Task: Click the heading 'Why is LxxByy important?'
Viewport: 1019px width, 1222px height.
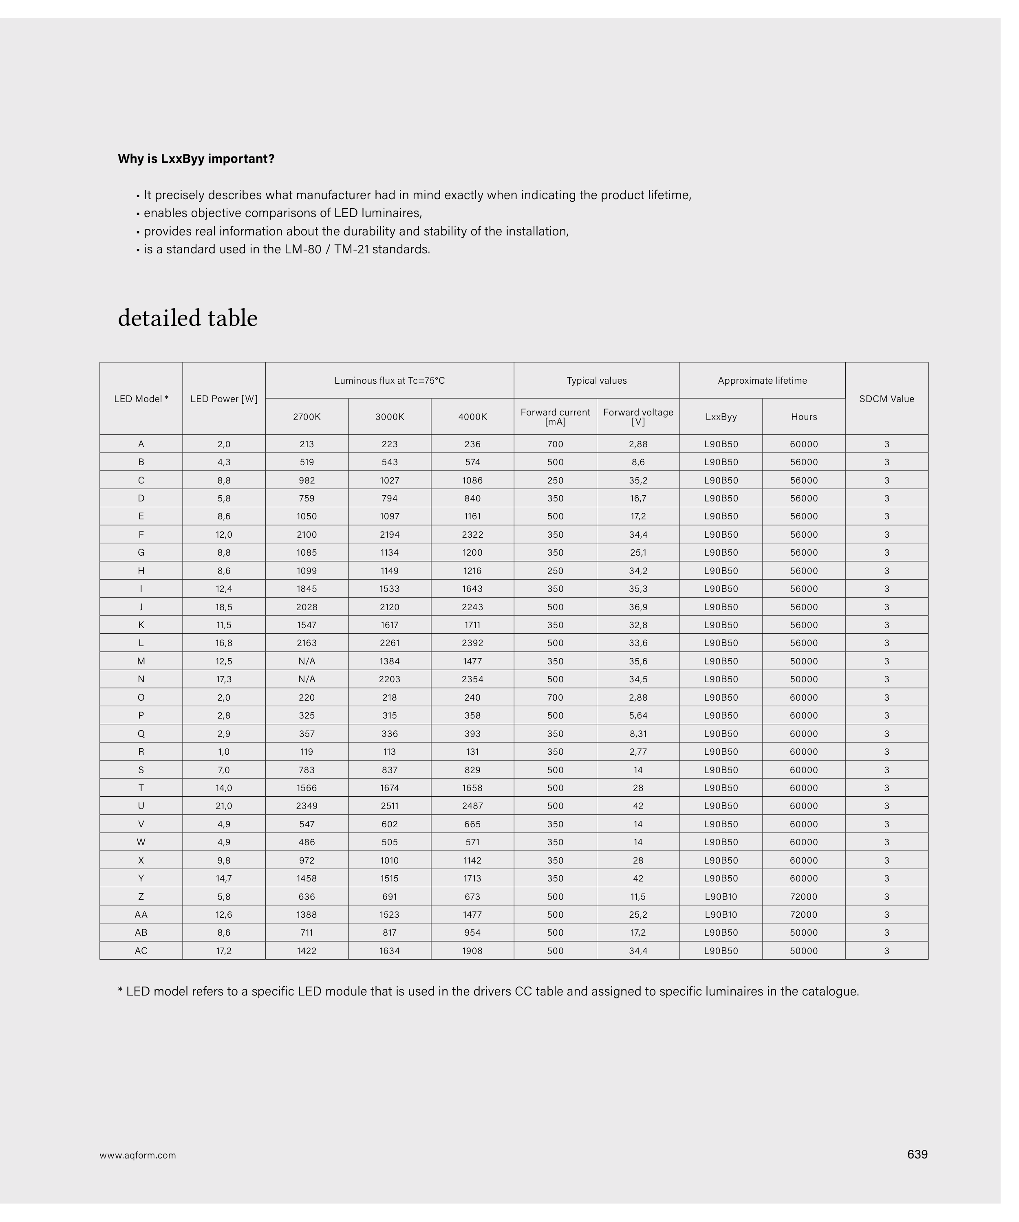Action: [x=196, y=159]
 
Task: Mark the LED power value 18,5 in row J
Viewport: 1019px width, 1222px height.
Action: [x=224, y=607]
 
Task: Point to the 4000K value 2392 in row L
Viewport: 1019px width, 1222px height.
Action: [x=472, y=643]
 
